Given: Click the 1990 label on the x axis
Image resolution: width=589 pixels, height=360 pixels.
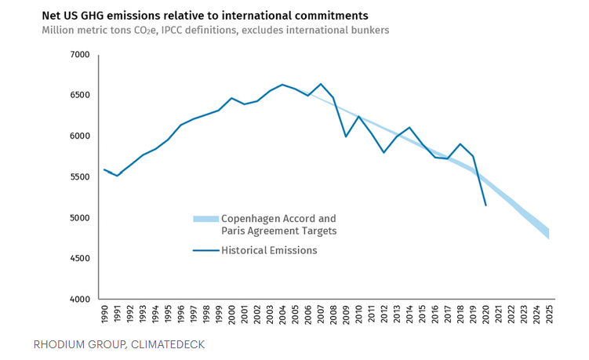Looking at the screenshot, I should [x=105, y=315].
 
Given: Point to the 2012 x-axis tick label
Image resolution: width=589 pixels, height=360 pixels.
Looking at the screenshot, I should [x=384, y=315].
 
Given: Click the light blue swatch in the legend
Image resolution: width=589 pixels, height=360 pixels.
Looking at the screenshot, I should [x=204, y=218].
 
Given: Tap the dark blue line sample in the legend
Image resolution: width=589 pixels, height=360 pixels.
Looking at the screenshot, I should [x=204, y=251].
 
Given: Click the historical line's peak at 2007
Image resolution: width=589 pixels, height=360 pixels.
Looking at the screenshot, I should [x=320, y=84].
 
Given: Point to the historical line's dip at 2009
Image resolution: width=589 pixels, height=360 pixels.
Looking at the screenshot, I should [x=346, y=136].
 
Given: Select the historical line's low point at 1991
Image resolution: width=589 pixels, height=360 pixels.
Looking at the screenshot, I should [x=117, y=176].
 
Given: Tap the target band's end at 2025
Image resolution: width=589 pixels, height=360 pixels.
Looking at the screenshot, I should [x=549, y=233].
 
